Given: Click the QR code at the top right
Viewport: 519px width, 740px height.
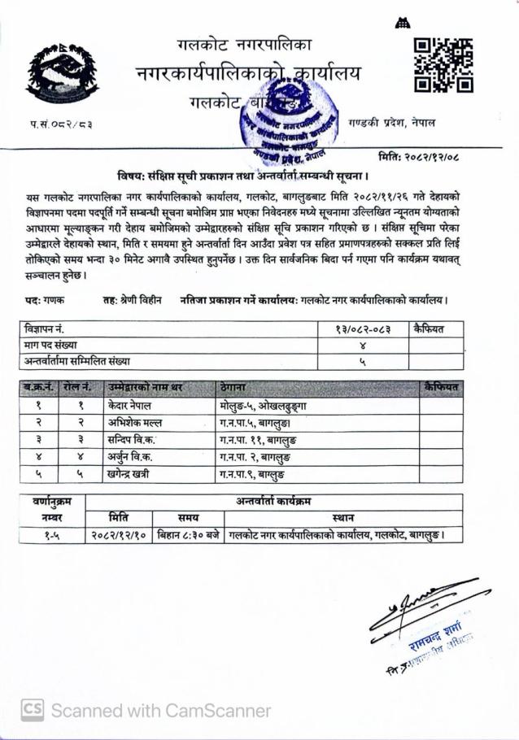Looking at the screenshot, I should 443,64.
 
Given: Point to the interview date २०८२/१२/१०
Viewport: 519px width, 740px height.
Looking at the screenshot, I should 120,536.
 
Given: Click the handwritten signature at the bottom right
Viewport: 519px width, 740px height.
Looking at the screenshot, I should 411,609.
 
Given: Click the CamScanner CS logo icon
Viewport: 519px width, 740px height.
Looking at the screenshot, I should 33,709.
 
